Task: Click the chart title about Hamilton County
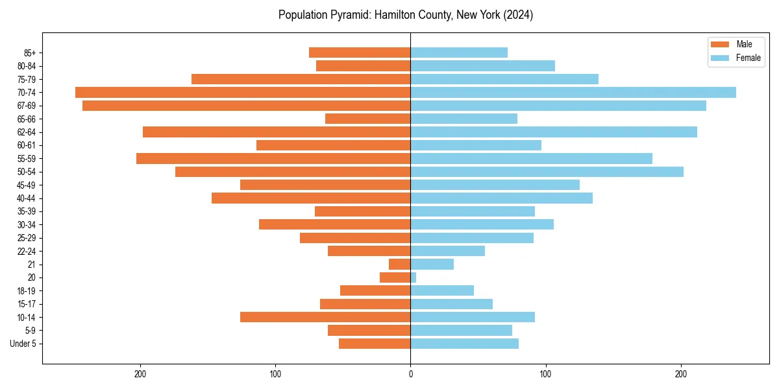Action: coord(406,15)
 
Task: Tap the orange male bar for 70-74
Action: coord(243,93)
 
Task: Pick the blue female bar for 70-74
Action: coord(573,93)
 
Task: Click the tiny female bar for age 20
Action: coord(414,277)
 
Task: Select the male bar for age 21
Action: coord(400,265)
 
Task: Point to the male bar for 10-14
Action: coord(325,317)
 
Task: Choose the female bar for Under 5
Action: coord(465,344)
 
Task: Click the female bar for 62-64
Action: coord(554,132)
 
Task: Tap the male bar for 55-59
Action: coord(273,159)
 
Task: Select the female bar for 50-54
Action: coord(547,172)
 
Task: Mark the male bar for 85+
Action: coord(360,53)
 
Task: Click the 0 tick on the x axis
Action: coord(410,374)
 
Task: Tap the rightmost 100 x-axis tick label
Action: coord(546,374)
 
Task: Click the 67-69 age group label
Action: coord(26,106)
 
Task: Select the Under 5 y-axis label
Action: coord(23,344)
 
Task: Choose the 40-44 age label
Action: coord(26,198)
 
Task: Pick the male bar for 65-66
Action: coord(368,119)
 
